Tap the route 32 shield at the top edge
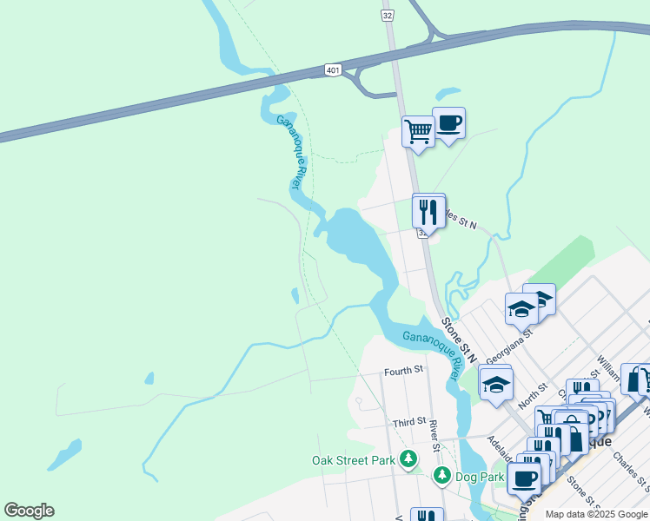[x=388, y=15]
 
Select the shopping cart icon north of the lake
[x=418, y=131]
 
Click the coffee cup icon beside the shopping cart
[x=448, y=122]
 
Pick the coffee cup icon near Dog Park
[x=525, y=477]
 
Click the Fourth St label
[x=403, y=371]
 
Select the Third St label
[x=408, y=422]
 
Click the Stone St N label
[x=459, y=339]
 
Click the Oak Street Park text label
[x=354, y=460]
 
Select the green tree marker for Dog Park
[x=442, y=476]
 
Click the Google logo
[x=29, y=511]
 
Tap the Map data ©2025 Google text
[x=596, y=514]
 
